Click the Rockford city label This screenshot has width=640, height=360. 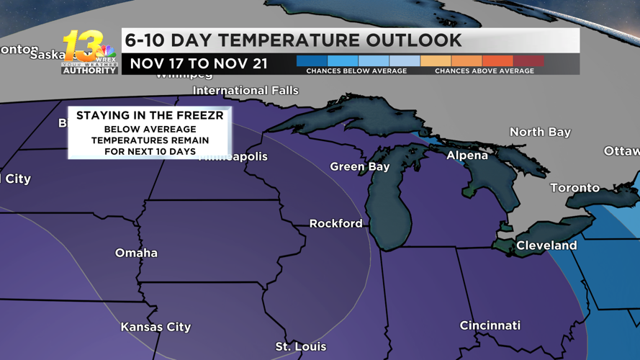[x=335, y=224]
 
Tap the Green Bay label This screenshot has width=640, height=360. [x=359, y=166]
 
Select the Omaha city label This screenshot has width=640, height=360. [x=136, y=253]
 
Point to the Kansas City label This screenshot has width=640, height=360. [x=156, y=327]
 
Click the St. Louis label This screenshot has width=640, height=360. [x=300, y=347]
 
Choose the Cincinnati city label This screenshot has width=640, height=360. [x=490, y=325]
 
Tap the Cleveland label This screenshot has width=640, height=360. [x=546, y=246]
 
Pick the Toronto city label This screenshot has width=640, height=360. [x=574, y=188]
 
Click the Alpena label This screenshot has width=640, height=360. [x=467, y=156]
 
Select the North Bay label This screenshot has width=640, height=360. [x=540, y=132]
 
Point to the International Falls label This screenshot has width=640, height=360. [x=245, y=91]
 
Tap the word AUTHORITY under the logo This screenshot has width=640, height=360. [x=89, y=71]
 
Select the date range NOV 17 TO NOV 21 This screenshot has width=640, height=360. [x=199, y=64]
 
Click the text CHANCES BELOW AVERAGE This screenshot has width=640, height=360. [x=356, y=71]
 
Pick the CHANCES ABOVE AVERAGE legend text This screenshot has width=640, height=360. [x=484, y=71]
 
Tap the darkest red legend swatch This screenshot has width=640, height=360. [x=528, y=61]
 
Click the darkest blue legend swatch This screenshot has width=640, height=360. [x=312, y=61]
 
